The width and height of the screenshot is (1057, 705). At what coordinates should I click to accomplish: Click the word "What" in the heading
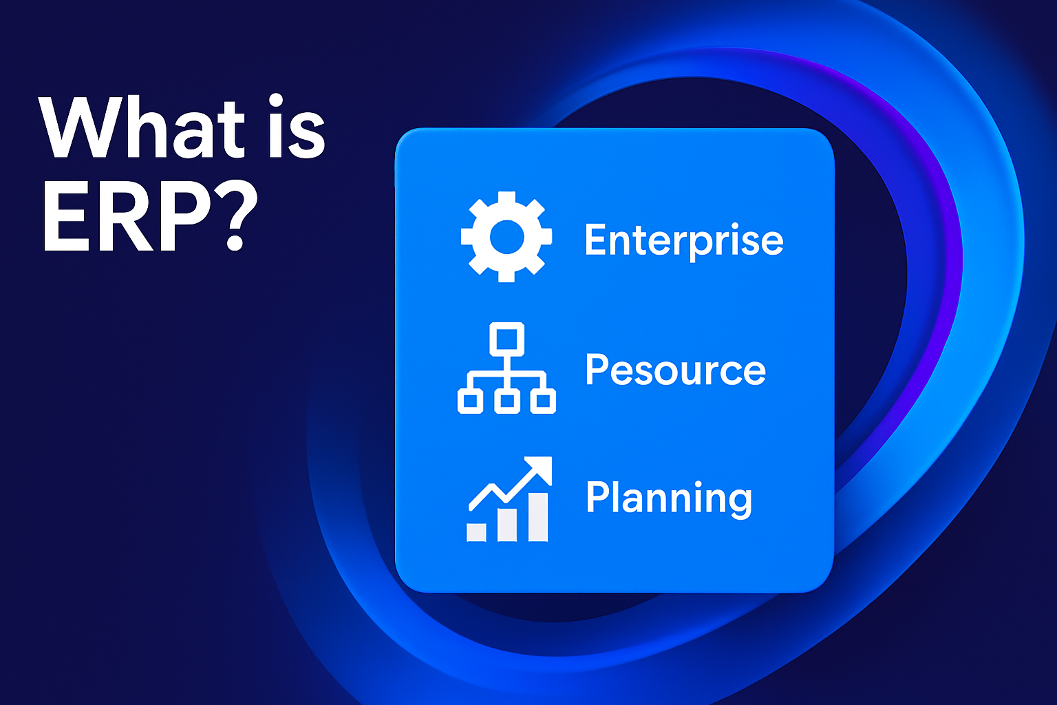(142, 127)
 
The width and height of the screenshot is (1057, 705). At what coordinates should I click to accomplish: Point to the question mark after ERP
(235, 215)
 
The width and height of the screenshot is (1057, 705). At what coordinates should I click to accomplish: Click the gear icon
(506, 237)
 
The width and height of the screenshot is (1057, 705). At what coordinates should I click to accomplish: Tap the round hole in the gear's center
(506, 237)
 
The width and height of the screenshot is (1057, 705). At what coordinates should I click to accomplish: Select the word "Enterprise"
(684, 241)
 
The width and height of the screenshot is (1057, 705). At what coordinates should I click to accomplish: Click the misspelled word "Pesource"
(675, 369)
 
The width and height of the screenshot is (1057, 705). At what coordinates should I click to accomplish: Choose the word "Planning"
(669, 498)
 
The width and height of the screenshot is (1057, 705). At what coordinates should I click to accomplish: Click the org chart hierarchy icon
(506, 368)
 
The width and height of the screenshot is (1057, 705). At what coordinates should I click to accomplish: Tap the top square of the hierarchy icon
(506, 339)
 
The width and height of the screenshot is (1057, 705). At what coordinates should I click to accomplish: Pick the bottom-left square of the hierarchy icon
(470, 401)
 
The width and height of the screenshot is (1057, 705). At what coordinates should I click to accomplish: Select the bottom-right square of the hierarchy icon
(543, 401)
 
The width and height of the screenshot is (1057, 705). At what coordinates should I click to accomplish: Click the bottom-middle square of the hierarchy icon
(506, 401)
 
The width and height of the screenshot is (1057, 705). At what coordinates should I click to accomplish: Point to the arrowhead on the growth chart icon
(538, 470)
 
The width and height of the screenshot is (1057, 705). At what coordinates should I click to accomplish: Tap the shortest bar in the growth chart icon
(476, 532)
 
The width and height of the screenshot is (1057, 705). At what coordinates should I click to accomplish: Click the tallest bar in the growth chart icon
(538, 517)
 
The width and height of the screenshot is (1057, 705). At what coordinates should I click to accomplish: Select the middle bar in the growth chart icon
(507, 525)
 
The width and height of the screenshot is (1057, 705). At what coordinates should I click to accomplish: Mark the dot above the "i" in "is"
(275, 101)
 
